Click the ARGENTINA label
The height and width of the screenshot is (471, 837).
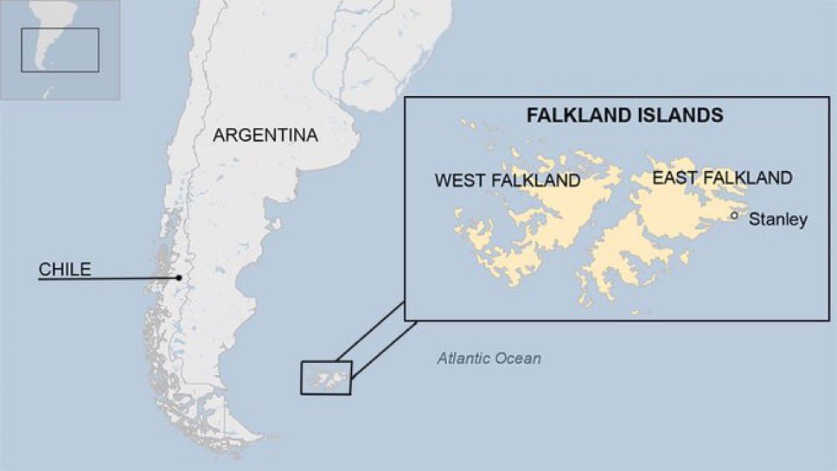(x=265, y=136)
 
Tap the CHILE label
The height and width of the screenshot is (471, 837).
(x=64, y=269)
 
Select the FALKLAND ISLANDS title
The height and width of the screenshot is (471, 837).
(x=626, y=114)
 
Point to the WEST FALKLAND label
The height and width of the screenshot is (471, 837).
(x=507, y=181)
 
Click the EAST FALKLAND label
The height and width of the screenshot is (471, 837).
(x=722, y=178)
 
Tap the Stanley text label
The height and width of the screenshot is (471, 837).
(x=777, y=220)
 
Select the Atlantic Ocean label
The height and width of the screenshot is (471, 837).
(x=489, y=358)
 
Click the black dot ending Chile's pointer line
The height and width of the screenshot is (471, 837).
(x=179, y=278)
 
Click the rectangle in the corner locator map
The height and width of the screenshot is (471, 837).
(x=60, y=50)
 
